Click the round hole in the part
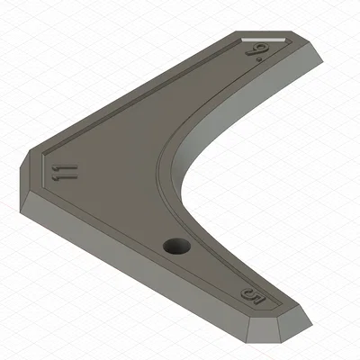point(173,246)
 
